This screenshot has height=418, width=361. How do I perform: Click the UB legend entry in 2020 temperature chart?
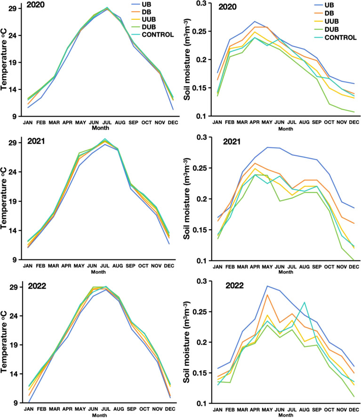[141, 5]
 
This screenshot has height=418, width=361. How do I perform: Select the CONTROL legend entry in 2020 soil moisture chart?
[335, 38]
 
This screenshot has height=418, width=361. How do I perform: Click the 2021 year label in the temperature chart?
[36, 141]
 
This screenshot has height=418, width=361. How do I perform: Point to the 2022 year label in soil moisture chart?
[234, 286]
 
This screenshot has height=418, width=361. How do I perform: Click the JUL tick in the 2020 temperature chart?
[107, 123]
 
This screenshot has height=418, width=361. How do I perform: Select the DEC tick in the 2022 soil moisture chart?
[354, 410]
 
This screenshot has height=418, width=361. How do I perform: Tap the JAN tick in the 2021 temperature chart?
[28, 266]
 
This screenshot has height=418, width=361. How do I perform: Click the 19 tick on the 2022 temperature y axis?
[13, 345]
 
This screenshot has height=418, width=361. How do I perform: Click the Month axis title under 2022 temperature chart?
[99, 415]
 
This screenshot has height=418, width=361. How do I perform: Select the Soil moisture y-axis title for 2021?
[187, 199]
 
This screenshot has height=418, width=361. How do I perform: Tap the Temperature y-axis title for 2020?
[4, 60]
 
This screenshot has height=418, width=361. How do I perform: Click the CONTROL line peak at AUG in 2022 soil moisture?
[304, 302]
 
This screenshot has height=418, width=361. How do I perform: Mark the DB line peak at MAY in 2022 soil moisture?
[267, 295]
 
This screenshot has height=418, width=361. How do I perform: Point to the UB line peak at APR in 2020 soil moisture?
[255, 21]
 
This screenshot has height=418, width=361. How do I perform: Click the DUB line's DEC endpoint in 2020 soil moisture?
[354, 112]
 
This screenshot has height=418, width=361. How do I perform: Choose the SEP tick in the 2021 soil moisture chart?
[317, 266]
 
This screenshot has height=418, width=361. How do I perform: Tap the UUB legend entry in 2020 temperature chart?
[144, 19]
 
